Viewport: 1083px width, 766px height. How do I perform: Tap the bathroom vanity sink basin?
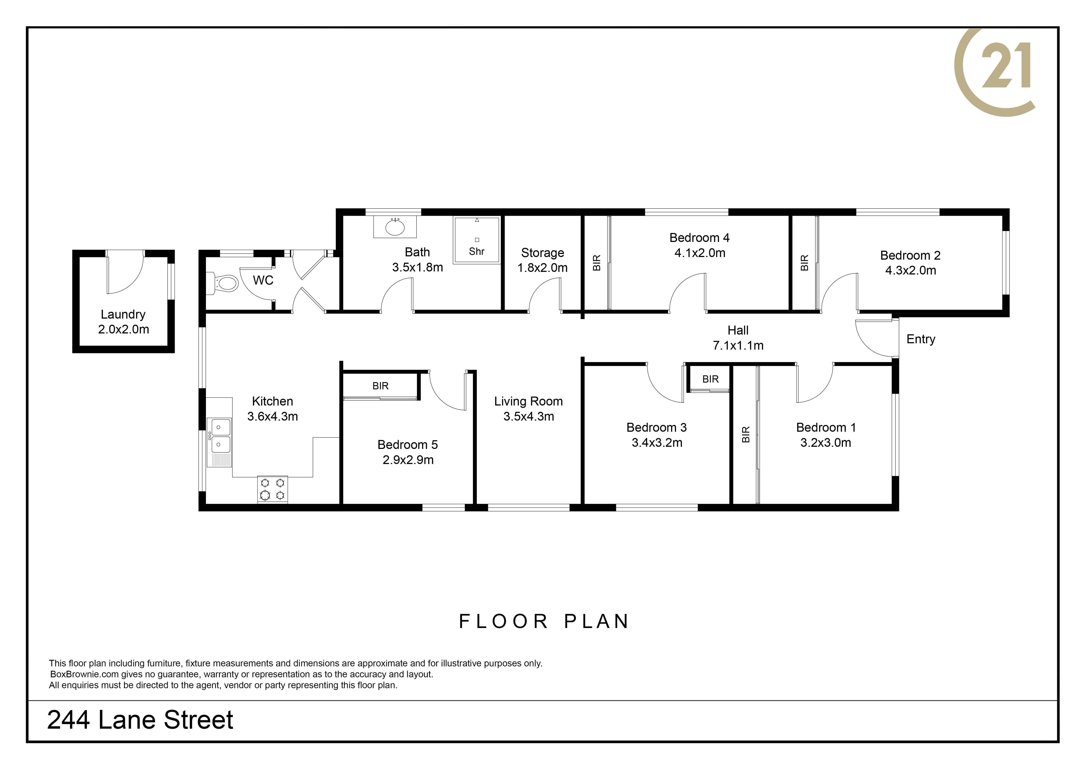[x=395, y=228]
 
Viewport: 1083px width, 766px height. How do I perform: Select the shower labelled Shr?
[x=476, y=240]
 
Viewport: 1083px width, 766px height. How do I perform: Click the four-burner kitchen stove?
[x=273, y=489]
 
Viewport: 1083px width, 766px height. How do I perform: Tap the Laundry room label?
[x=123, y=314]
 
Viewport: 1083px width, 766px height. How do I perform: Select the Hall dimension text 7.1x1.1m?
[x=738, y=345]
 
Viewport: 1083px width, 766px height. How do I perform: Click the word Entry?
[x=921, y=339]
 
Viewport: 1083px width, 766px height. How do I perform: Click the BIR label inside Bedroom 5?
[x=380, y=386]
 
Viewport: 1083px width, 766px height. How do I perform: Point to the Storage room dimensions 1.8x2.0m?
[x=542, y=268]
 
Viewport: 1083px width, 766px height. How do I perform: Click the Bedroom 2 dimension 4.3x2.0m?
[x=910, y=270]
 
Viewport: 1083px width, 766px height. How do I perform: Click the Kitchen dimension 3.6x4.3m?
[x=273, y=416]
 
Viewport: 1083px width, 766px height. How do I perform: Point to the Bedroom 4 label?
[x=700, y=238]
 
